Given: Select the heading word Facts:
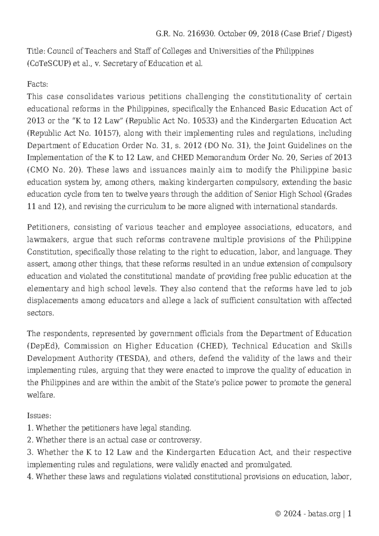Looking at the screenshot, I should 38,84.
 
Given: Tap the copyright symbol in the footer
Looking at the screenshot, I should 278,514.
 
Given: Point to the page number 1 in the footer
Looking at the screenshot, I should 349,514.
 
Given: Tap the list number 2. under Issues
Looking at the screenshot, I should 31,440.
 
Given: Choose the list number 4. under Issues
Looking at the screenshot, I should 31,477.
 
